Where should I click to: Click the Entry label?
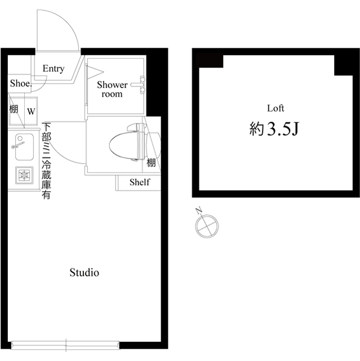[x=54, y=69]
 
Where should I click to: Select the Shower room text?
[x=112, y=89]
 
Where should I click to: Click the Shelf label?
[x=139, y=182]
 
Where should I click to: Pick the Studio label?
[x=85, y=273]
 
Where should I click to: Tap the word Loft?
[x=275, y=108]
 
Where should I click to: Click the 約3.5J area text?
[x=274, y=130]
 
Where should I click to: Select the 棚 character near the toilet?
[x=152, y=163]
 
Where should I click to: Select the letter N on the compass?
[x=198, y=212]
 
